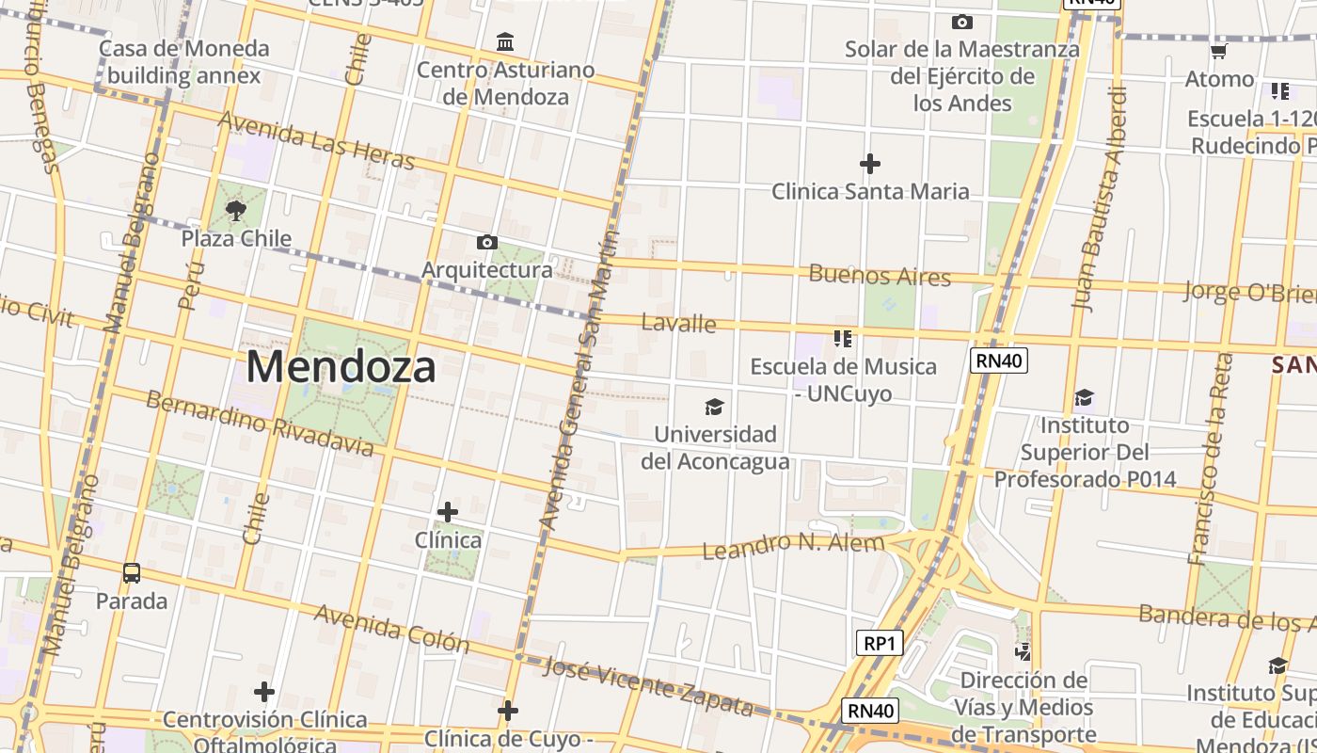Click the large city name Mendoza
(x=341, y=367)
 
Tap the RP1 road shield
(x=880, y=644)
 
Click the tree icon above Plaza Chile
(x=236, y=211)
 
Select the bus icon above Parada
(x=132, y=572)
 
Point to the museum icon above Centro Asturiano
(x=505, y=42)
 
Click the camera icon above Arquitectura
(x=486, y=243)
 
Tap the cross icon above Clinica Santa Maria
(x=870, y=165)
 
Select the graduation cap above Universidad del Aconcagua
(x=715, y=407)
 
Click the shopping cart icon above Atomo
(x=1218, y=51)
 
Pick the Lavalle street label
(x=678, y=324)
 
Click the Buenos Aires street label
(x=880, y=276)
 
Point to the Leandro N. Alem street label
(x=794, y=545)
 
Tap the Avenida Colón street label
(x=391, y=628)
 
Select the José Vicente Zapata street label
(x=649, y=686)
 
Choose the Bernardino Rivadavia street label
(x=260, y=423)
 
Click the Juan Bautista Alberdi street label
(x=1099, y=199)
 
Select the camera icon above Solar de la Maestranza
(x=961, y=22)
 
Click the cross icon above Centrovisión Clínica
(x=264, y=693)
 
